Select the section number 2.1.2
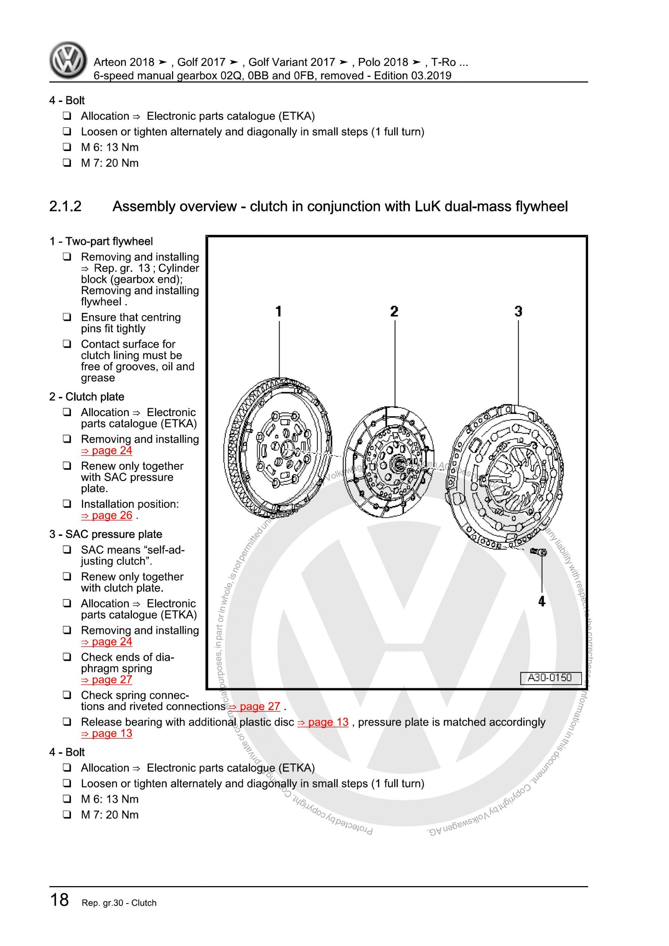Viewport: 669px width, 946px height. coord(65,207)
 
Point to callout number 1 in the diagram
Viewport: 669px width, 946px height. coord(279,312)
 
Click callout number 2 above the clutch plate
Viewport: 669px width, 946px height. coord(394,312)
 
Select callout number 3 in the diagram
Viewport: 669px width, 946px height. coord(518,312)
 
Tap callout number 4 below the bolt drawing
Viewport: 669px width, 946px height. coord(542,602)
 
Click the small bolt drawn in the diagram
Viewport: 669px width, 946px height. coord(538,552)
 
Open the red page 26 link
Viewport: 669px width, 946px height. coord(107,515)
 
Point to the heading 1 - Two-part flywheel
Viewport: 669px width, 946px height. coord(101,241)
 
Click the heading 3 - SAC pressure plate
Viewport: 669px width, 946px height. coord(105,534)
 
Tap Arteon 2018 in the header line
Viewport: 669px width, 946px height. coord(124,62)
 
